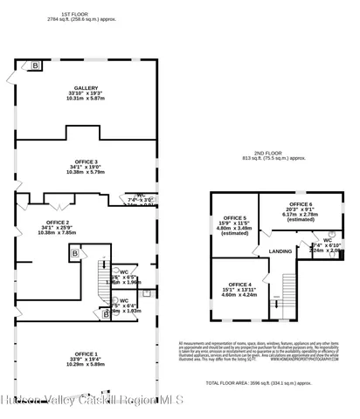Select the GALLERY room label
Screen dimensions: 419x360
tap(86, 89)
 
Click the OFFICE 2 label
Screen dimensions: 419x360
tap(57, 223)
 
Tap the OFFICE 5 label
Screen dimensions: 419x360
tap(234, 218)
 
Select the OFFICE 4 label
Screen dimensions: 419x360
tap(239, 285)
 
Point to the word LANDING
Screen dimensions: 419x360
tap(280, 251)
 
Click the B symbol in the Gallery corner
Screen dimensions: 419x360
tap(36, 65)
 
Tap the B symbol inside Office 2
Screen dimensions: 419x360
tap(75, 253)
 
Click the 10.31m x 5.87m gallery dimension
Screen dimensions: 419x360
tap(86, 100)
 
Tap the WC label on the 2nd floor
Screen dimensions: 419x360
tap(327, 239)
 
